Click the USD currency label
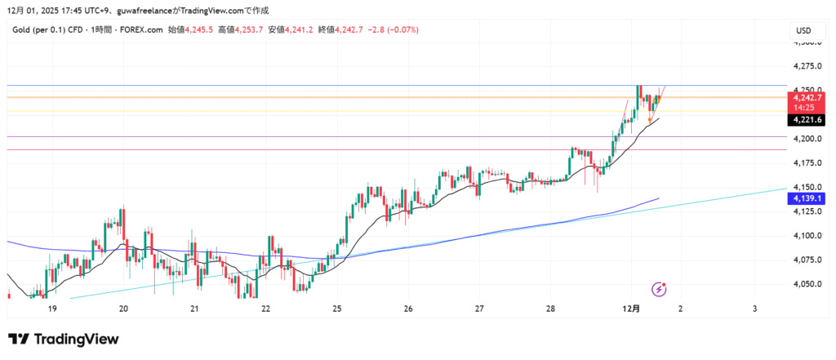803,31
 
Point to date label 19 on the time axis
52,309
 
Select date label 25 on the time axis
337,309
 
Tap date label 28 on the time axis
551,309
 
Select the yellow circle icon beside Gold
6,30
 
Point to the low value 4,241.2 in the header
302,30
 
